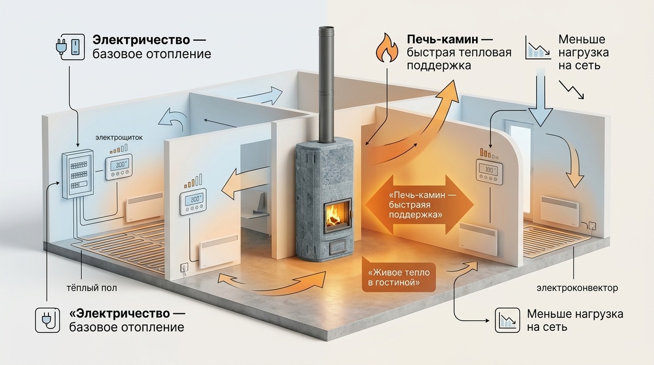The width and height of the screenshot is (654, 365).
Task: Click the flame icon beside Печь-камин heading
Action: coord(386,48)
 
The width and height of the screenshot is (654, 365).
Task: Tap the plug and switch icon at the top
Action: coord(70,47)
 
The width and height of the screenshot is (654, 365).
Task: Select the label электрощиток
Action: coord(119,137)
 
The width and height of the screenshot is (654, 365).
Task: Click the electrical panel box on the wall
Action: coord(78,174)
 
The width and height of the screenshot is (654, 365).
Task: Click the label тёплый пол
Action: coord(92,288)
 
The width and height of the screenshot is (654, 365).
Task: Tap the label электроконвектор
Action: coord(577,288)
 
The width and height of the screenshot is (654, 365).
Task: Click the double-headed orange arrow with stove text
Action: coord(419,204)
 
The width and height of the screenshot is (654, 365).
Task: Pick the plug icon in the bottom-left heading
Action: coord(47,320)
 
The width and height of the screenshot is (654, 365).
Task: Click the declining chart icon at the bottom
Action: coord(507,320)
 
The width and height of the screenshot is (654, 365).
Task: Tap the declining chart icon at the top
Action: coord(538,47)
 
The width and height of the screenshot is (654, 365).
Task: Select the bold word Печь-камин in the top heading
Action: coord(443,39)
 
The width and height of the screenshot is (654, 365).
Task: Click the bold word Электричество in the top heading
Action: coord(141,40)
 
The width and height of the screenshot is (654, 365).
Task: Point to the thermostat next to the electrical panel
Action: coord(119,167)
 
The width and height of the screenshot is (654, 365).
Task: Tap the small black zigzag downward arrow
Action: coord(571,89)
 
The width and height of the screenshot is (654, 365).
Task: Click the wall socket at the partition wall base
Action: coord(185,267)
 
